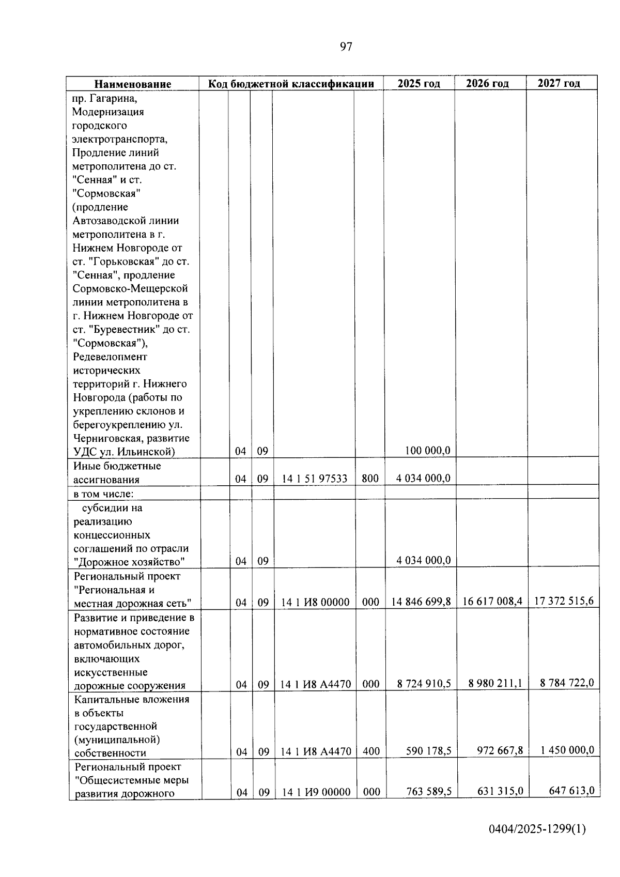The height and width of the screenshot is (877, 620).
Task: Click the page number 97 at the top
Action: [x=346, y=47]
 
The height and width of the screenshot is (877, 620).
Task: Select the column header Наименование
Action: [x=132, y=84]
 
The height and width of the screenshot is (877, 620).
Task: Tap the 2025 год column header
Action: [x=419, y=83]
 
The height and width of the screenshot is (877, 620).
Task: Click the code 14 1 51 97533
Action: [x=315, y=479]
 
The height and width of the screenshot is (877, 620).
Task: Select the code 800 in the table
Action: [x=370, y=479]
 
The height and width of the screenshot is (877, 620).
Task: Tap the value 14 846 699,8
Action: [x=421, y=602]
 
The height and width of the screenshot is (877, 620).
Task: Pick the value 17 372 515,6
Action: [x=564, y=601]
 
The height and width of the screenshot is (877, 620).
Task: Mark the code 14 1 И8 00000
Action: [x=315, y=602]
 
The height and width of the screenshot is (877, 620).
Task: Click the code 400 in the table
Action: [x=371, y=751]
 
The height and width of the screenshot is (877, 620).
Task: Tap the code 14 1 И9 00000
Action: [x=316, y=792]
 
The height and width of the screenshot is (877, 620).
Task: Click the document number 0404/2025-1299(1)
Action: [x=537, y=829]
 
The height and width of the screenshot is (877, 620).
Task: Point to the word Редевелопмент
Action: [x=110, y=357]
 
